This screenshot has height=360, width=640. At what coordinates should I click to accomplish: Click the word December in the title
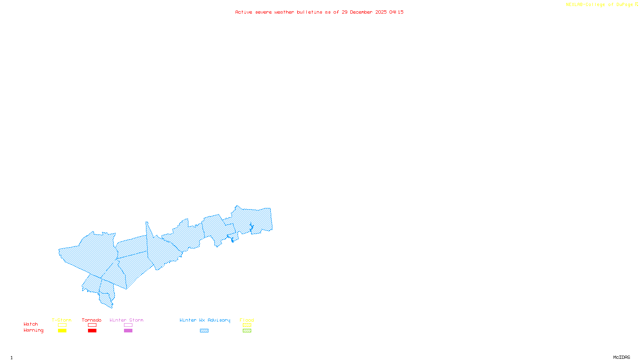(361, 12)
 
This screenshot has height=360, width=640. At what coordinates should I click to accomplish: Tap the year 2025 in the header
(381, 12)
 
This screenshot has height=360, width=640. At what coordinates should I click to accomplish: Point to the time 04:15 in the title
(396, 12)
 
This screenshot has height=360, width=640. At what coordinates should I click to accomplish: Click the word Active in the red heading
(244, 12)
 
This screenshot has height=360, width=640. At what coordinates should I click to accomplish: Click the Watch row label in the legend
(31, 324)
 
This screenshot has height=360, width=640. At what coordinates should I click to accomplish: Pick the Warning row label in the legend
(34, 330)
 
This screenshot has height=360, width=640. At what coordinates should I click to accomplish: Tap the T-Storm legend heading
(62, 320)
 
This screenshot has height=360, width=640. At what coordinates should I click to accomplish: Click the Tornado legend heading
(92, 320)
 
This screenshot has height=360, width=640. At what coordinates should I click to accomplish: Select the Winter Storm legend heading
(126, 320)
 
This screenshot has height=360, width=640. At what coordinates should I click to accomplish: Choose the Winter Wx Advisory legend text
(205, 320)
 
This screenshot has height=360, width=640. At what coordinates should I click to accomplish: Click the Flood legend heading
(247, 320)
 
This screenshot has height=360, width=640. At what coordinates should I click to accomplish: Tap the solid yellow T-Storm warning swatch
(62, 331)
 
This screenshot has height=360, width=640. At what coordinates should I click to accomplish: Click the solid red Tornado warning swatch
(92, 331)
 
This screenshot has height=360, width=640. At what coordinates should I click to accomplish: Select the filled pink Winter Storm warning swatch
(128, 331)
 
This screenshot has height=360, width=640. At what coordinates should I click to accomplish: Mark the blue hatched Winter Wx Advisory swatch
(204, 331)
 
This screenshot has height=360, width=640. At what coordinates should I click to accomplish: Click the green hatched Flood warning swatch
(247, 331)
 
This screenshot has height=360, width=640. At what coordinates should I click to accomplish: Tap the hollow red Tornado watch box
(92, 325)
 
